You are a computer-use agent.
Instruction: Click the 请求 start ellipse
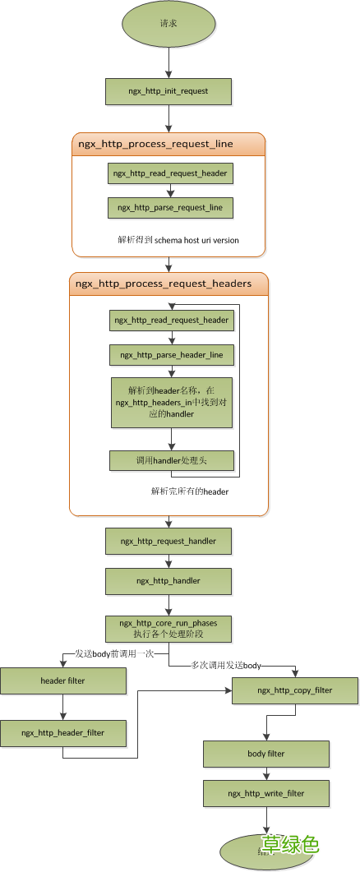click(x=168, y=23)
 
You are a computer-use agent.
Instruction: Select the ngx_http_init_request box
click(x=168, y=90)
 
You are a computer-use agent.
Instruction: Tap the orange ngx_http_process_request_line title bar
click(x=168, y=144)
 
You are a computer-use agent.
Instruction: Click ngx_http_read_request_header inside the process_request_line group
click(x=170, y=173)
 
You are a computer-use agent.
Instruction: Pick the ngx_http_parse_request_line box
click(x=170, y=208)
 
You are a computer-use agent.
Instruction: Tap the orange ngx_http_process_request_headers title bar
click(x=168, y=284)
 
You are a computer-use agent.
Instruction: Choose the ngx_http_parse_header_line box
click(x=170, y=354)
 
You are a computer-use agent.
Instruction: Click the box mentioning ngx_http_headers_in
click(x=170, y=402)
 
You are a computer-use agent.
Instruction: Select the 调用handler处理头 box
click(x=170, y=460)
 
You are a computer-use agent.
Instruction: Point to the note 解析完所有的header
click(x=190, y=491)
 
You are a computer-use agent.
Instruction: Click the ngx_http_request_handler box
click(x=168, y=541)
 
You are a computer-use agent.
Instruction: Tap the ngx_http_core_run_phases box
click(x=168, y=629)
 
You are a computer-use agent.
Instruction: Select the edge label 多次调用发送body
click(x=227, y=664)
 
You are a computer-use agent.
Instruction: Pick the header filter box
click(x=63, y=681)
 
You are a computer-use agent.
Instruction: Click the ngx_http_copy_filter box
click(x=295, y=690)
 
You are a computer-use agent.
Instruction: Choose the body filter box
click(x=266, y=753)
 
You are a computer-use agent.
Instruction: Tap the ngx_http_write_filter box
click(x=266, y=793)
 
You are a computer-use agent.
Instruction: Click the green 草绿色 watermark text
click(x=289, y=844)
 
